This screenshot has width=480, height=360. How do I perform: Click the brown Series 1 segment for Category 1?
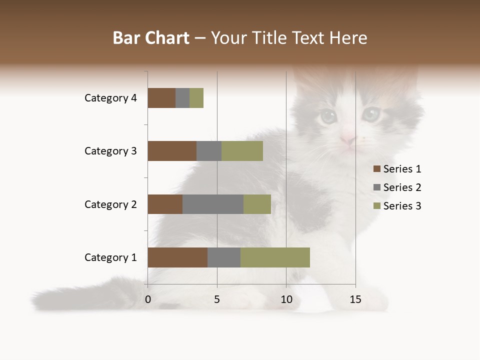pyautogui.click(x=177, y=257)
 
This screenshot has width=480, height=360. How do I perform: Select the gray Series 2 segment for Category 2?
pyautogui.click(x=213, y=204)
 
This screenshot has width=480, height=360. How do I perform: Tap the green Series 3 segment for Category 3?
pyautogui.click(x=242, y=151)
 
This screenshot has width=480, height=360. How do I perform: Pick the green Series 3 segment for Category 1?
pyautogui.click(x=275, y=257)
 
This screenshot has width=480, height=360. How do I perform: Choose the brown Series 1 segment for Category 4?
pyautogui.click(x=161, y=98)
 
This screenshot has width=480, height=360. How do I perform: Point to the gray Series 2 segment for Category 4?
pyautogui.click(x=182, y=98)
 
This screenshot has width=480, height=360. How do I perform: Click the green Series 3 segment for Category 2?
pyautogui.click(x=257, y=204)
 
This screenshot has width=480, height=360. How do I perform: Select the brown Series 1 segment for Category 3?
pyautogui.click(x=172, y=151)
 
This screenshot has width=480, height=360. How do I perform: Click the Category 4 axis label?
pyautogui.click(x=110, y=98)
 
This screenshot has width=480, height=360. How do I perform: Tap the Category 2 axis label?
pyautogui.click(x=110, y=204)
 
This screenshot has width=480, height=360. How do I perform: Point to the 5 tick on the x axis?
pyautogui.click(x=217, y=299)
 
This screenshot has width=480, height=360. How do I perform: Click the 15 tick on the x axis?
pyautogui.click(x=355, y=299)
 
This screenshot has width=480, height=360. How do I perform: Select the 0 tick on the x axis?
pyautogui.click(x=148, y=299)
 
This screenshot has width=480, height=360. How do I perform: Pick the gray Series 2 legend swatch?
pyautogui.click(x=377, y=187)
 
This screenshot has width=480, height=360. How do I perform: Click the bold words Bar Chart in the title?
pyautogui.click(x=151, y=38)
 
